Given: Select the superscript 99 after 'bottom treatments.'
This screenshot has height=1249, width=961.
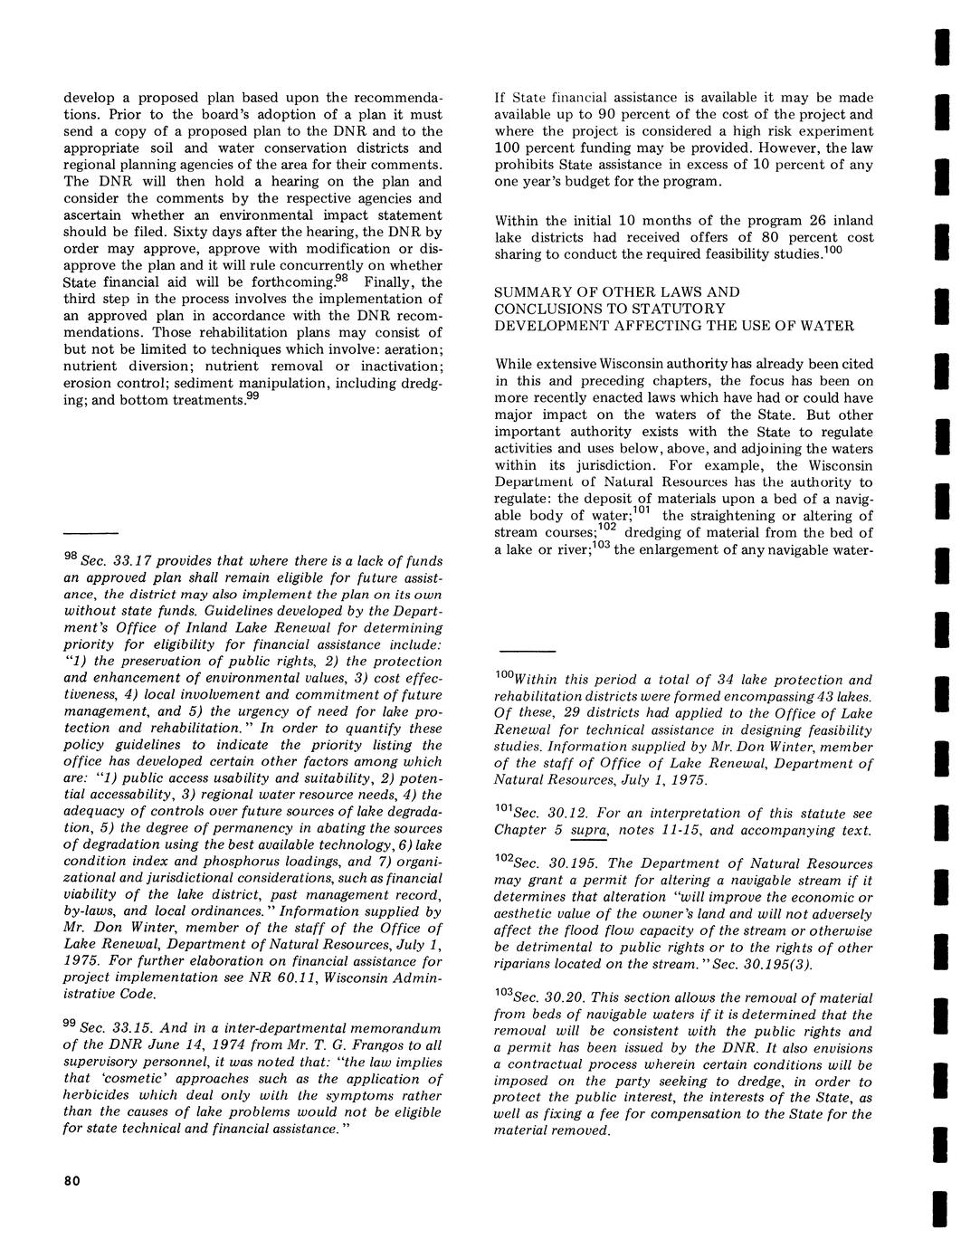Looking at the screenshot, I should pos(254,396).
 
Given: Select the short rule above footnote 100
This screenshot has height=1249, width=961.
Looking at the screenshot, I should pos(528,651).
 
